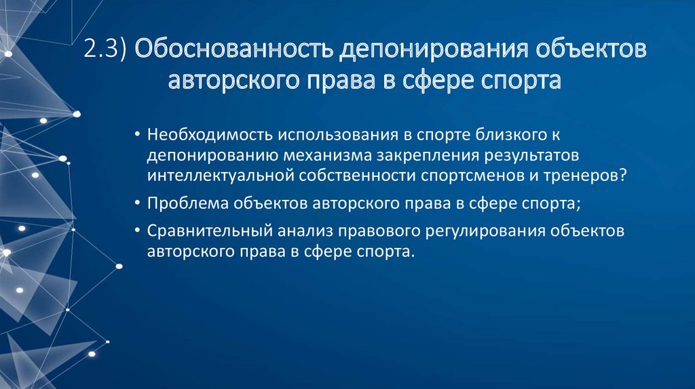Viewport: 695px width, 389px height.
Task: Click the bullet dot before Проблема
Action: [138, 203]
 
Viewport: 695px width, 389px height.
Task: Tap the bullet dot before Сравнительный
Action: [138, 230]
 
